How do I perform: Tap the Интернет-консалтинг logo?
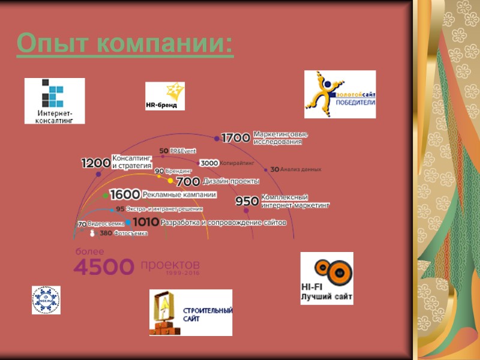55,101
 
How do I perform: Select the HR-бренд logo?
165,96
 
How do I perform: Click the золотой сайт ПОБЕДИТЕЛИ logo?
340,94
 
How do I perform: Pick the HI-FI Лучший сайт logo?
327,278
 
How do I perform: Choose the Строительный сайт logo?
190,312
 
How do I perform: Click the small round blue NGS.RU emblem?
46,300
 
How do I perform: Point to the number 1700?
236,138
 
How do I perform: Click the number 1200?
95,163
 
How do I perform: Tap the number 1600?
125,194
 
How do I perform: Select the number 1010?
145,222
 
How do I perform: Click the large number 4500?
104,266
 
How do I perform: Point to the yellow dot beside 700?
170,181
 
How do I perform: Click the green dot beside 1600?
106,196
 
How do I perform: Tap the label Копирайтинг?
238,163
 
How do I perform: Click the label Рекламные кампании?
179,194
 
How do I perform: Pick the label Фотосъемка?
130,233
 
